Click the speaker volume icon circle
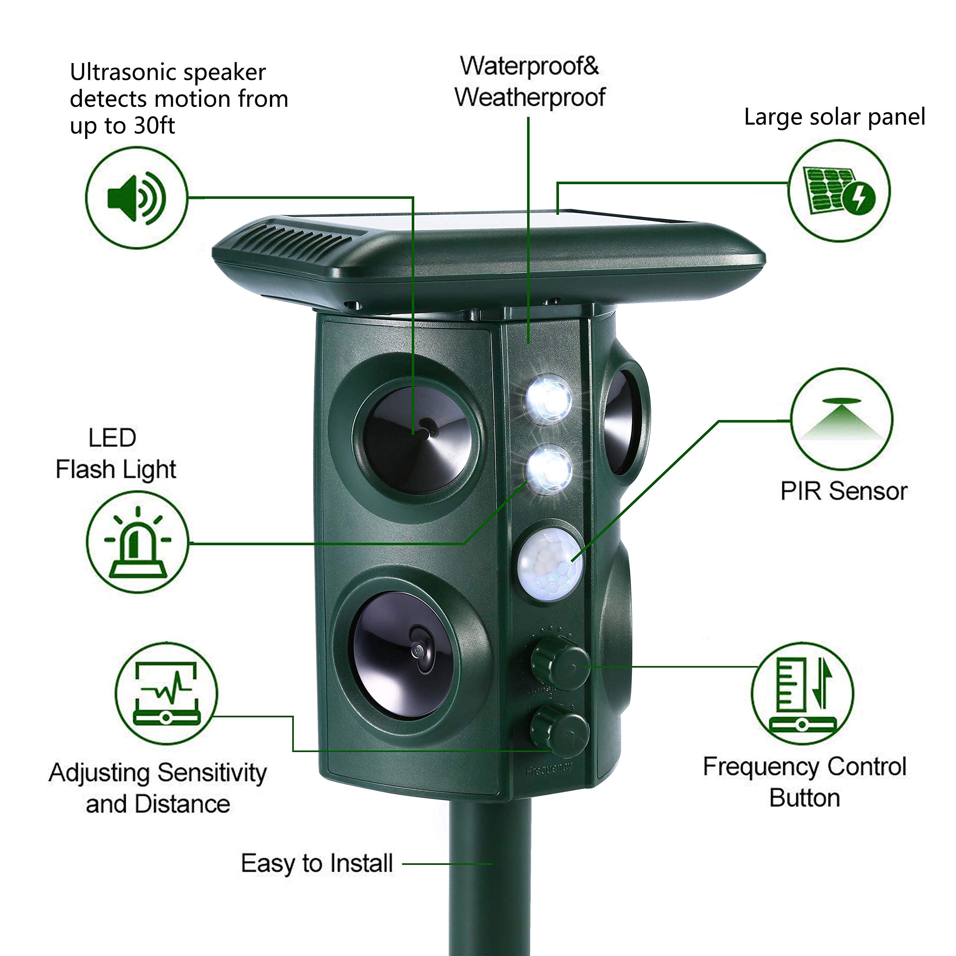tap(137, 198)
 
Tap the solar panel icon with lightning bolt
tap(839, 191)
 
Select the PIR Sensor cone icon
tap(841, 420)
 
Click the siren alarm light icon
tap(137, 542)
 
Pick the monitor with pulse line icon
tap(166, 693)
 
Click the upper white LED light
tap(548, 399)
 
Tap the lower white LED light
tap(548, 469)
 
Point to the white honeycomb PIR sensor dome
tap(550, 565)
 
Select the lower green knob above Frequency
tap(560, 731)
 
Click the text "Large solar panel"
tap(834, 118)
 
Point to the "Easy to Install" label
tap(317, 863)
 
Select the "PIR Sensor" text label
tap(844, 491)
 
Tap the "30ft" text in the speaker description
tap(154, 126)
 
